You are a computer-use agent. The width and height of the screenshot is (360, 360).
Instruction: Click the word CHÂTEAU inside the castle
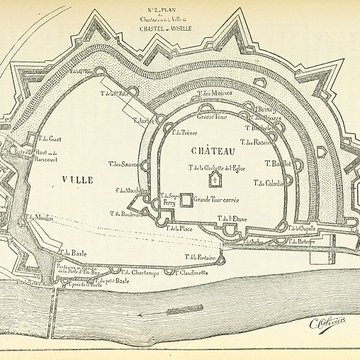[x=209, y=149]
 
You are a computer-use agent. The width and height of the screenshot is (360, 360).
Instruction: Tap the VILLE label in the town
[x=77, y=179]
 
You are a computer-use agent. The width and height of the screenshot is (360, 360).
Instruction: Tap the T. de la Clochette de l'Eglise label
[x=221, y=167]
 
